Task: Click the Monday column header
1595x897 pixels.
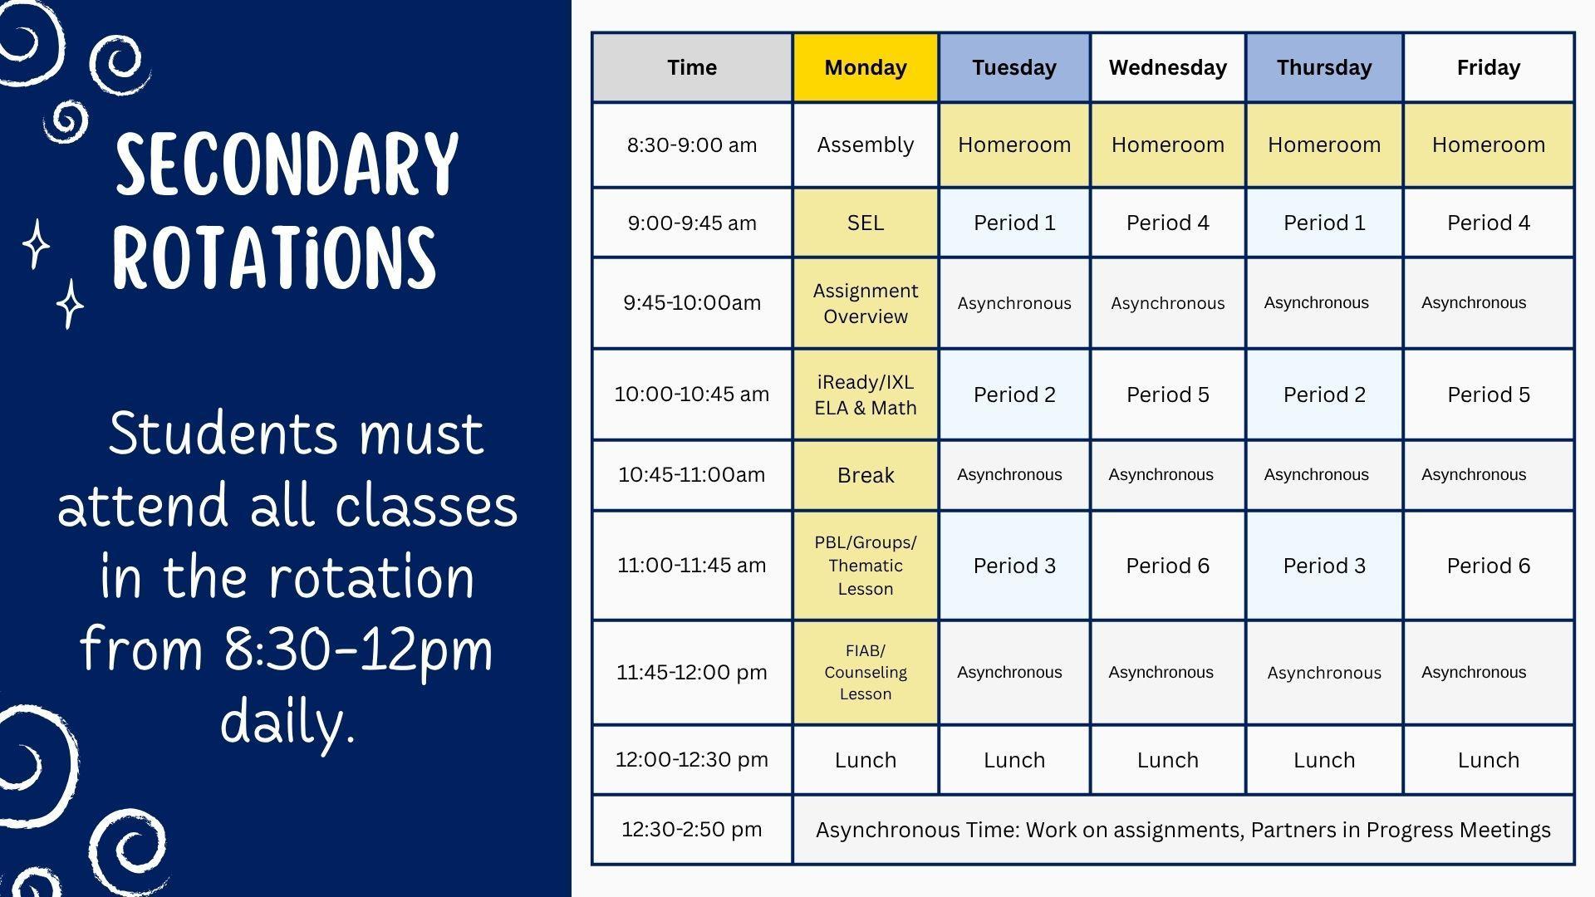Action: [866, 67]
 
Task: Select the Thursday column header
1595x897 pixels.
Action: [1324, 67]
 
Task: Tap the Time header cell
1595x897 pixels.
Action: [692, 67]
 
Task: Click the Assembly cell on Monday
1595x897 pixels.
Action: [866, 145]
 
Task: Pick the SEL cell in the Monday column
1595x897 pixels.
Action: [866, 223]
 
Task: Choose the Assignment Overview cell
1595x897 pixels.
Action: [866, 303]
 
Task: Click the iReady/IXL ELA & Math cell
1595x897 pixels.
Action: [866, 395]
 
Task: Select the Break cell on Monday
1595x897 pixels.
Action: [866, 475]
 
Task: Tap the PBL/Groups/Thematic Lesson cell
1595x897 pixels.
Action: [866, 566]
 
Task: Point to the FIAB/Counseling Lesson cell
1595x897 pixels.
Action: [866, 672]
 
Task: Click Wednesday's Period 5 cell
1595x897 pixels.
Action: [1168, 395]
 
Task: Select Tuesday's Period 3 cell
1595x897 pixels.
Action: [1014, 566]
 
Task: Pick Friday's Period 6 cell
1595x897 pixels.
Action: [1489, 566]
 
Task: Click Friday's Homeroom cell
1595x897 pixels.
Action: [1489, 145]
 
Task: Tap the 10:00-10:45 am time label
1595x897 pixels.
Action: [692, 394]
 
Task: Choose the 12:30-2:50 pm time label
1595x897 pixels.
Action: [692, 829]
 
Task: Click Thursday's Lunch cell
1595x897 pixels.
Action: [1324, 760]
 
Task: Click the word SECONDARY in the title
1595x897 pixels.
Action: [287, 164]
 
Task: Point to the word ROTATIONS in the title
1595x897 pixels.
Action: [274, 257]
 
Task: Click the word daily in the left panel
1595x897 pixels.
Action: [288, 721]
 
